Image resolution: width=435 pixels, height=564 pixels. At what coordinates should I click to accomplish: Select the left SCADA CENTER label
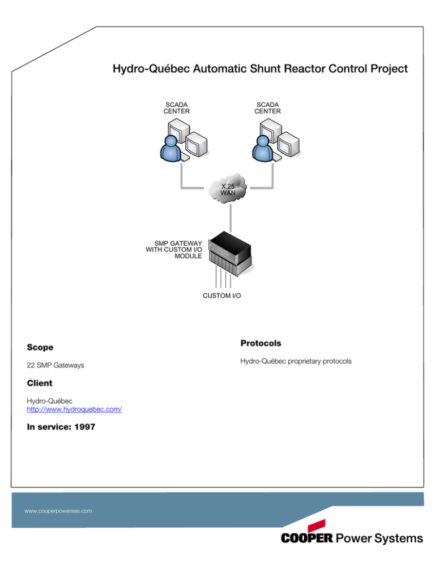[x=177, y=108]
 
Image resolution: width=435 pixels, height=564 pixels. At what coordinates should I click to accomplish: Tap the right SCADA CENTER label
[x=267, y=108]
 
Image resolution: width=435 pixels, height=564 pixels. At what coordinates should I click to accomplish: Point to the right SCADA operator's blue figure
[x=261, y=150]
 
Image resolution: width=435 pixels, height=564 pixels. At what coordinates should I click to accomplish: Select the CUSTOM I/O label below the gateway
[x=221, y=296]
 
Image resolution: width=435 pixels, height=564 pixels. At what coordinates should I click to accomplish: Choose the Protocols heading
[x=261, y=343]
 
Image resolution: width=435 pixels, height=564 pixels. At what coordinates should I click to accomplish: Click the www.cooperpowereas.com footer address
[x=58, y=511]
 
